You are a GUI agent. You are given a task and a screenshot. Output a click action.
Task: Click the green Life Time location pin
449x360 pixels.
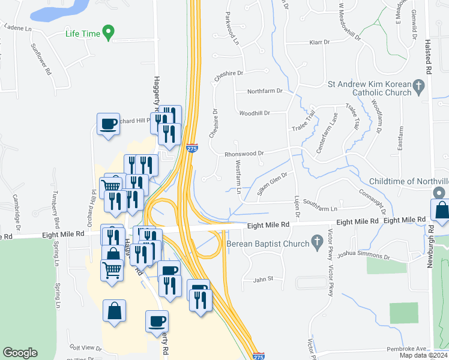tap(108, 32)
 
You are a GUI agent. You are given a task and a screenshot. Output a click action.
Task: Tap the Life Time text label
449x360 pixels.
tap(83, 34)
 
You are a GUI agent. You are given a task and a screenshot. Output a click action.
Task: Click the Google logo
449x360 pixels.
tap(20, 353)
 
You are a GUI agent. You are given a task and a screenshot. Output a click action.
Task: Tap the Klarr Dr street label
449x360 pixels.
tap(320, 43)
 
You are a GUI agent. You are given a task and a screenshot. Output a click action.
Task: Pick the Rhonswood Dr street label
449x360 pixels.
tap(244, 153)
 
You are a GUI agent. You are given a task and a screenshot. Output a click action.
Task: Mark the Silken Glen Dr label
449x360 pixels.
tap(273, 183)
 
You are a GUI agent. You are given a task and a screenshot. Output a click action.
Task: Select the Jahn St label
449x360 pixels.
tap(263, 278)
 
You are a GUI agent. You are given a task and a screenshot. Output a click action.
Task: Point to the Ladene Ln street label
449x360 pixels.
tap(17, 27)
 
